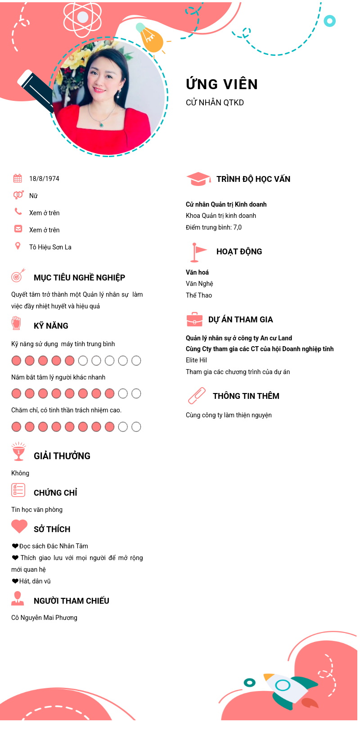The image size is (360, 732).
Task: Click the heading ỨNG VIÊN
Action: point(222,84)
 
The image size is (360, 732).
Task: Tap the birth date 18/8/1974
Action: point(44,179)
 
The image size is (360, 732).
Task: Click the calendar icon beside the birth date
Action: point(18,178)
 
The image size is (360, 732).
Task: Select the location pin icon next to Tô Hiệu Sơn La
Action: point(18,246)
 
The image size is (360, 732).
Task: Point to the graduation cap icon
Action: point(198,179)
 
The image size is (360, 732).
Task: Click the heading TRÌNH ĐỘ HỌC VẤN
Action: point(253,179)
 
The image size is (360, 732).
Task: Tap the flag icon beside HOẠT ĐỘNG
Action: point(197,252)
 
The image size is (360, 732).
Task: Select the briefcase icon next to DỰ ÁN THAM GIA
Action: point(194,320)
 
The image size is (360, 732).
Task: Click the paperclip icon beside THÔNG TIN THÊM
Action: point(197,396)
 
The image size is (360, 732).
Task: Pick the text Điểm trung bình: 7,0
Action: point(214,227)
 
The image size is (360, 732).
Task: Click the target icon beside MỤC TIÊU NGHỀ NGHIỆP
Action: point(18,276)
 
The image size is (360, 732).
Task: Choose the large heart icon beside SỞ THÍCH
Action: point(19,526)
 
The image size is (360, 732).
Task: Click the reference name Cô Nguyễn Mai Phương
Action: point(44,618)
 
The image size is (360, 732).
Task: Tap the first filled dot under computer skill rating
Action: point(16,361)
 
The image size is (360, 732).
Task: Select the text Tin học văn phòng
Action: point(37,510)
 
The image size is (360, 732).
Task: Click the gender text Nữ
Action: point(33,196)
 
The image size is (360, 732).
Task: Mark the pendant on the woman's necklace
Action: point(102,124)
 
